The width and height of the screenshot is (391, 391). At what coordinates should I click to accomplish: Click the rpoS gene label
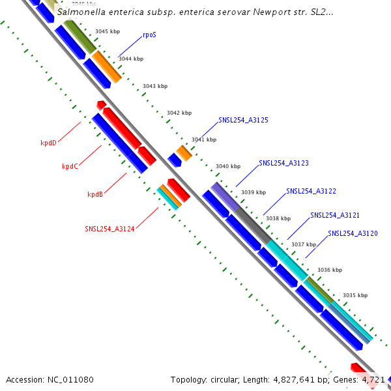[149, 35]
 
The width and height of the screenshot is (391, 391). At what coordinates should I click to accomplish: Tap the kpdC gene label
[70, 166]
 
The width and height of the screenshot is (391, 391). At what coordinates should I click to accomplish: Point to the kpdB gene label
[95, 194]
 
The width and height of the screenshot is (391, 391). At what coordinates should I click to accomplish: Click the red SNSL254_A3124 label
[109, 229]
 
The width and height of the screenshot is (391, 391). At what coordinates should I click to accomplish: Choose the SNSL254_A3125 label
[244, 120]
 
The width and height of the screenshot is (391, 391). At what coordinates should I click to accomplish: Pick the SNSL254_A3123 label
[283, 163]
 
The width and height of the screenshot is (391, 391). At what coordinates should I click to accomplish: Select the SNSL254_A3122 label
[311, 191]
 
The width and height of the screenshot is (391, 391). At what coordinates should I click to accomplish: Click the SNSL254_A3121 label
[335, 215]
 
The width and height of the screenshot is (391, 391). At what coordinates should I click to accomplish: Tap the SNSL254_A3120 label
[353, 233]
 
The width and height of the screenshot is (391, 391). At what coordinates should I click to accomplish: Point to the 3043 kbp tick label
[155, 86]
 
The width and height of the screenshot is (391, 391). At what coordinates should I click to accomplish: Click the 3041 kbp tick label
[203, 139]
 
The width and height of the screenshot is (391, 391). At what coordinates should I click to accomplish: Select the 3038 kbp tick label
[278, 218]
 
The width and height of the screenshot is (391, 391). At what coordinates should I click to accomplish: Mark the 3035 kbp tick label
[355, 295]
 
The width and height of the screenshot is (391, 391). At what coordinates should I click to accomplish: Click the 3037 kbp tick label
[303, 244]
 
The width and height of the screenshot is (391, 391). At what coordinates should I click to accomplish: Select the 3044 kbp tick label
[130, 59]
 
